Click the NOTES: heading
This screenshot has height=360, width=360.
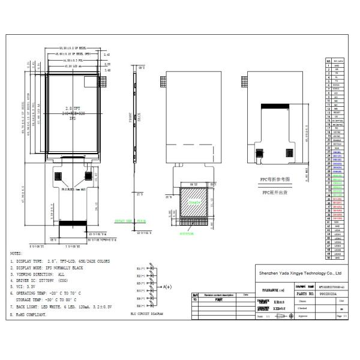(16, 254)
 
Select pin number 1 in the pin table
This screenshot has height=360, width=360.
(328, 65)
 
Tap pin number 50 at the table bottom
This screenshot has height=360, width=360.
(328, 257)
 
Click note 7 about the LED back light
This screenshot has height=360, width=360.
(54, 305)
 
